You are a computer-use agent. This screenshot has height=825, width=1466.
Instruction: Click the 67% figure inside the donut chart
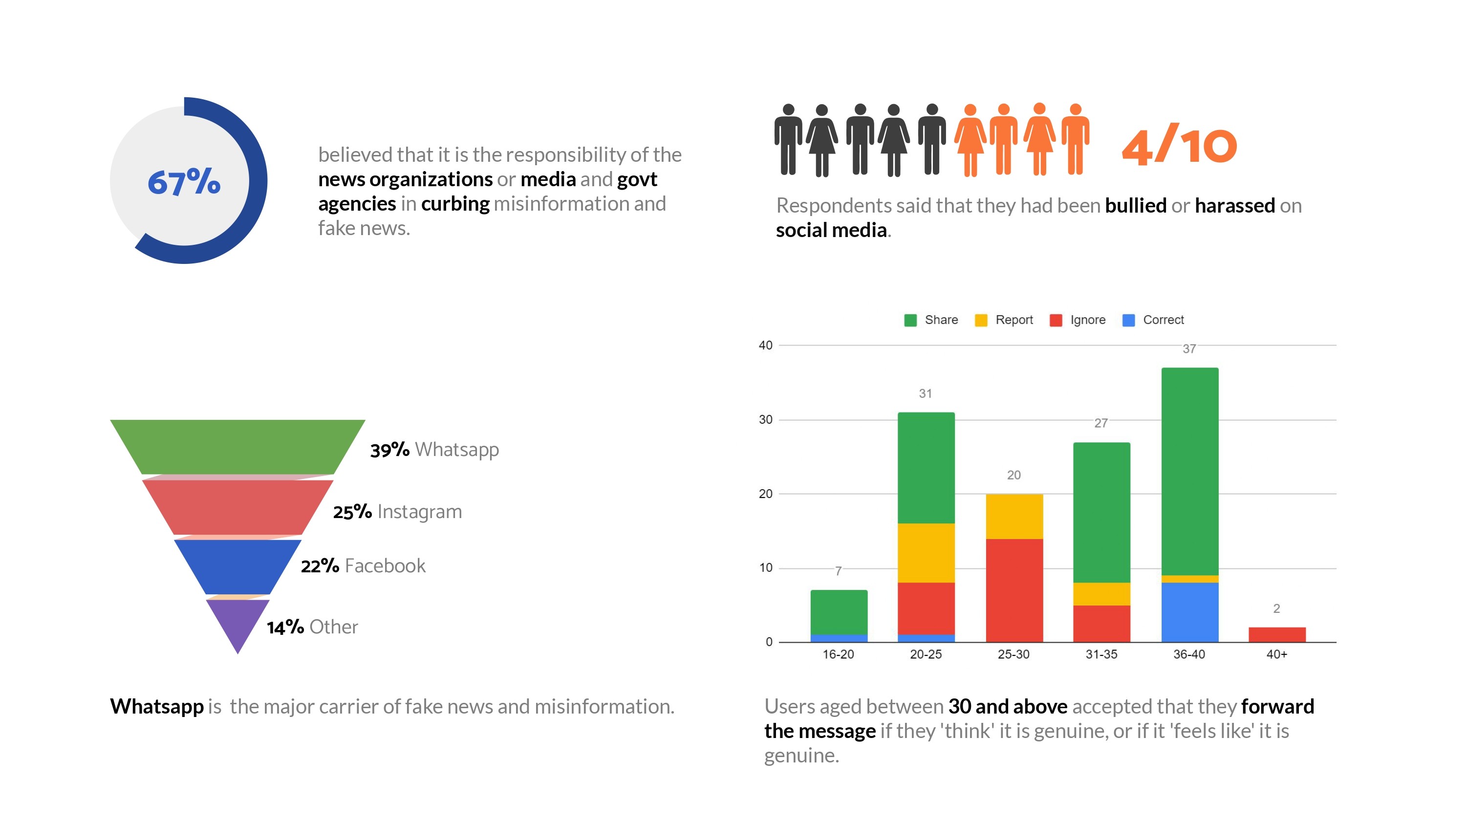184,182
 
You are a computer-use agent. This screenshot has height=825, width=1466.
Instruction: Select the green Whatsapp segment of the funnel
237,446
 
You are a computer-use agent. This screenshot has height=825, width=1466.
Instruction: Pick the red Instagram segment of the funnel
237,507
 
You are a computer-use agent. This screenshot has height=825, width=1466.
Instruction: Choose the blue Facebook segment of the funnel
237,566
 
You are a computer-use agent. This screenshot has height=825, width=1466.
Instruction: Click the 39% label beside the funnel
389,450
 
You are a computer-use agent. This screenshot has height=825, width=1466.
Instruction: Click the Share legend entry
931,320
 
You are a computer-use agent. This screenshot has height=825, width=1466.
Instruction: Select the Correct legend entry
1153,320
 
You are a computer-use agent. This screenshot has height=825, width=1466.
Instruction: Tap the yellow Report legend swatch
981,321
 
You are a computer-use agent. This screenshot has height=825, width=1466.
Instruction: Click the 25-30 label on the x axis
1013,654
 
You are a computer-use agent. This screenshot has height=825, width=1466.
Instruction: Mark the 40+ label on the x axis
1276,654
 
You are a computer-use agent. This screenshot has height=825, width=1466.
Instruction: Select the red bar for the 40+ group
1277,634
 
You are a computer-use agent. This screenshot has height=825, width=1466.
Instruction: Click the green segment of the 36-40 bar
1190,472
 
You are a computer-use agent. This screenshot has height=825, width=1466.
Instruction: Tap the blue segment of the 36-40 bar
1190,612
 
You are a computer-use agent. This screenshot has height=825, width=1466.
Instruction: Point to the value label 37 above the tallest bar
1189,349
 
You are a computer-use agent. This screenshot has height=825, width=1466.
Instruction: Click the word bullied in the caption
1135,206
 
